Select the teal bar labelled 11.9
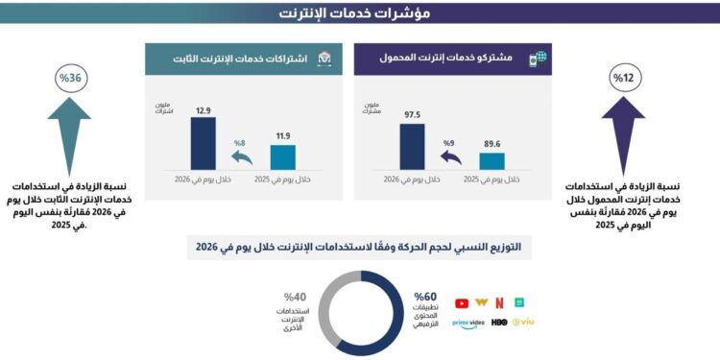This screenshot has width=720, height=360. pyautogui.click(x=282, y=157)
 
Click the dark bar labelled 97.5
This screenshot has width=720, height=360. pyautogui.click(x=412, y=146)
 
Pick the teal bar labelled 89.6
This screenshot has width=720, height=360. pyautogui.click(x=492, y=160)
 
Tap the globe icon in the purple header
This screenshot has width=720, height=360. pyautogui.click(x=542, y=59)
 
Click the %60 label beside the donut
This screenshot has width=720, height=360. pyautogui.click(x=425, y=297)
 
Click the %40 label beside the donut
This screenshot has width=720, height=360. pyautogui.click(x=295, y=297)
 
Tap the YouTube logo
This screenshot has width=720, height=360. pyautogui.click(x=462, y=303)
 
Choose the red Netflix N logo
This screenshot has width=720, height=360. pyautogui.click(x=499, y=303)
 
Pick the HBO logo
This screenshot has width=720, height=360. pyautogui.click(x=499, y=324)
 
